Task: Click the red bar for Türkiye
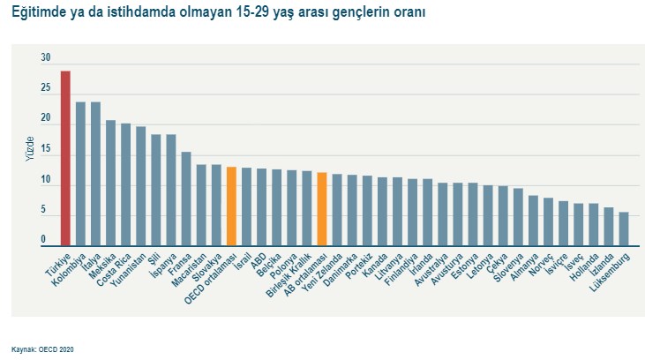tap(65, 159)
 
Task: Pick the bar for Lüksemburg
tap(624, 229)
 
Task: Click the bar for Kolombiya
tap(80, 174)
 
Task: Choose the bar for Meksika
tap(111, 184)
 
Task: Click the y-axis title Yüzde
tap(29, 149)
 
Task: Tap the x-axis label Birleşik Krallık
tap(293, 275)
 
